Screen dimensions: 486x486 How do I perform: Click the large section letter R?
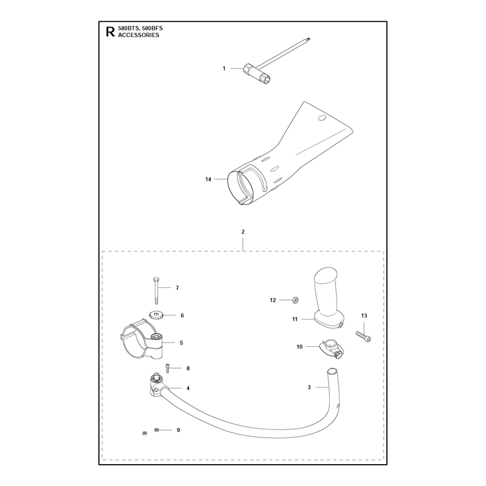[x=110, y=32]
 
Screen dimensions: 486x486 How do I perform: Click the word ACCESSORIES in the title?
[x=139, y=35]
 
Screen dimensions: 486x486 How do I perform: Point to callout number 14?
[x=208, y=179]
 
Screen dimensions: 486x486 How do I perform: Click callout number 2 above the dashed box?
[x=243, y=232]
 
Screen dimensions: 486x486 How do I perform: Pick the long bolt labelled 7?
[x=156, y=291]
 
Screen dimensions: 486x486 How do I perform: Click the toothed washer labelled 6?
[x=157, y=316]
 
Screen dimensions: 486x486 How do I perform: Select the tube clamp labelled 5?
[x=142, y=339]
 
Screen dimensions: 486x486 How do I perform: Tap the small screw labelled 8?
[x=168, y=368]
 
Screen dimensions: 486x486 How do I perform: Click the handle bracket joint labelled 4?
[x=157, y=386]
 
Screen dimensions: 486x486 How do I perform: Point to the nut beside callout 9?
[x=157, y=430]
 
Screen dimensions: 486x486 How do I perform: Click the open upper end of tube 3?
[x=331, y=371]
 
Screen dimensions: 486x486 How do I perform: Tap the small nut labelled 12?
[x=295, y=300]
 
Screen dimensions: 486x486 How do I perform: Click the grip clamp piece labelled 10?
[x=332, y=349]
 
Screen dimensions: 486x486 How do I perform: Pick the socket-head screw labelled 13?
[x=363, y=337]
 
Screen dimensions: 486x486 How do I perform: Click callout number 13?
[x=364, y=315]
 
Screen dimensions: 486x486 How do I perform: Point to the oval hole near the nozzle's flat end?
[x=323, y=118]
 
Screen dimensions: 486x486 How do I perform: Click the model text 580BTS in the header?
[x=128, y=29]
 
